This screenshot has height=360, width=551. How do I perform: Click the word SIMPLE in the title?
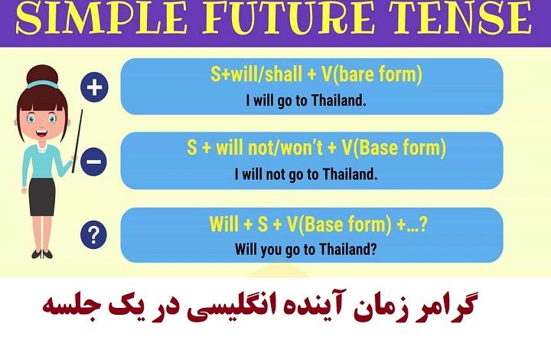[x=102, y=18]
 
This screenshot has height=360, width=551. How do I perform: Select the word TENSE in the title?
[x=461, y=18]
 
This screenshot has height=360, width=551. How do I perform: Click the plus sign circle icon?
[x=94, y=87]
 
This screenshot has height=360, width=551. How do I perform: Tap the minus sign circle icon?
[x=93, y=162]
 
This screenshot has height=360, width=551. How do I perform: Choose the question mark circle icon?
[x=93, y=235]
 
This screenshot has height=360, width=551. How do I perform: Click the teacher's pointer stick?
[x=77, y=141]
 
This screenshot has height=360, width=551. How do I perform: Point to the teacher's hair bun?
[x=42, y=75]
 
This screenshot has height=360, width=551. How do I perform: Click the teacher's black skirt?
[x=42, y=197]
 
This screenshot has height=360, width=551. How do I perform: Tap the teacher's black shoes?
[x=42, y=254]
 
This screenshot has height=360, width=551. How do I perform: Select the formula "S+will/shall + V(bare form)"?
[x=316, y=74]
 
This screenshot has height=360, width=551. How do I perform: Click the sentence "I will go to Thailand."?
[x=305, y=100]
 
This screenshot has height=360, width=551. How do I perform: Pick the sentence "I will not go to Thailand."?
[x=306, y=175]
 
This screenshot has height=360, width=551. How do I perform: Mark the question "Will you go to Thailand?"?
[x=305, y=249]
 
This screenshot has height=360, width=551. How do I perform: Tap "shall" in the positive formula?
[x=283, y=74]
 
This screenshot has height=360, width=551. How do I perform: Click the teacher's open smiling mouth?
[x=42, y=133]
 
